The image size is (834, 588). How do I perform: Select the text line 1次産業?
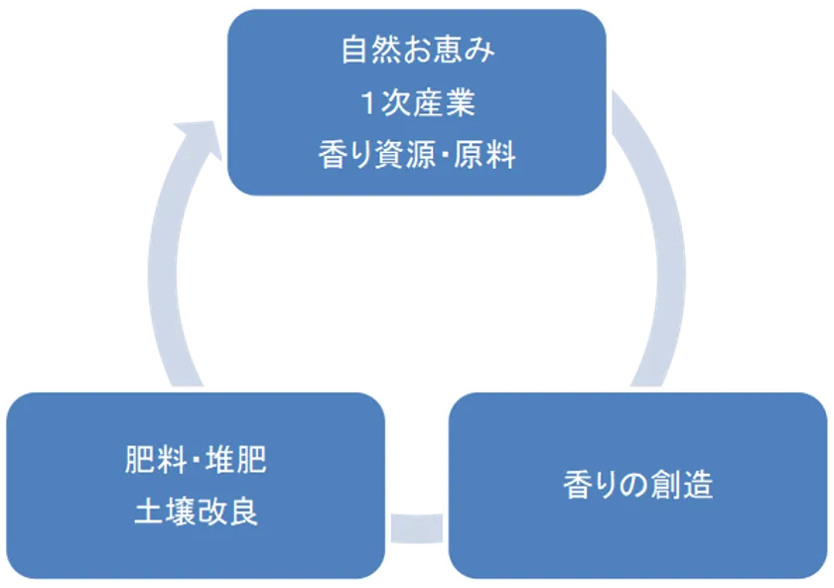pyautogui.click(x=417, y=103)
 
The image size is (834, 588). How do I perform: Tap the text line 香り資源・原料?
pyautogui.click(x=417, y=155)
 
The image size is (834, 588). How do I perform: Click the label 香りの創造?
pyautogui.click(x=638, y=486)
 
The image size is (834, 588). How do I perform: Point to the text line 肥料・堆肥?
pyautogui.click(x=196, y=460)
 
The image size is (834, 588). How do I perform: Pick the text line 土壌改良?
pyautogui.click(x=196, y=512)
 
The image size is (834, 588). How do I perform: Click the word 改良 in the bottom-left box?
pyautogui.click(x=227, y=512)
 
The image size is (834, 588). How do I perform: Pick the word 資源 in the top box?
pyautogui.click(x=402, y=155)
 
